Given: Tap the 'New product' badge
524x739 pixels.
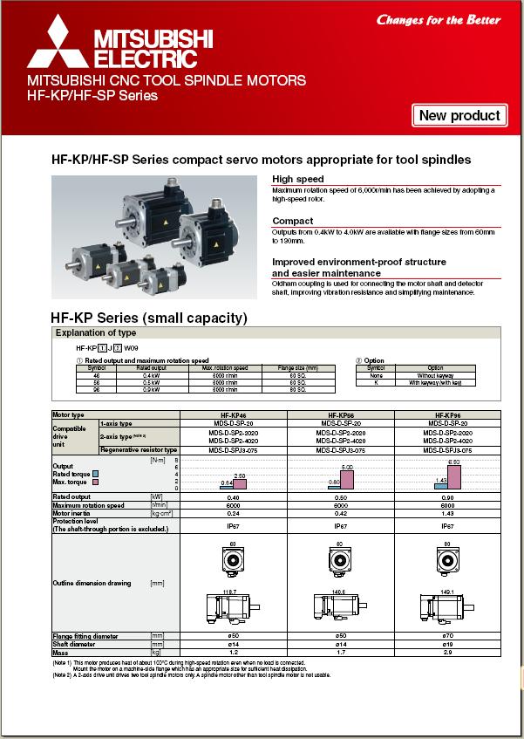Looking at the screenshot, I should (459, 115).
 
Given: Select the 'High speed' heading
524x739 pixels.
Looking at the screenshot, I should (297, 179).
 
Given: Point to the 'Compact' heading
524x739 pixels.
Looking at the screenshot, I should (292, 221).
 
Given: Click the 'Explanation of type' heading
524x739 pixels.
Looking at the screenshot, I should (95, 332).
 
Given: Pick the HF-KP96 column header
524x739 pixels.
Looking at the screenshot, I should (447, 415).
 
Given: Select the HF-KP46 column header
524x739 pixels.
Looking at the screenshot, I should (233, 415).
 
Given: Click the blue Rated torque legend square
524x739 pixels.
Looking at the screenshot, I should (96, 474).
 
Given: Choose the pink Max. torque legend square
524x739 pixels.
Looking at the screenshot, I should (96, 482).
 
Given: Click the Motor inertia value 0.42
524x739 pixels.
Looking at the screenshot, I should (339, 513).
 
